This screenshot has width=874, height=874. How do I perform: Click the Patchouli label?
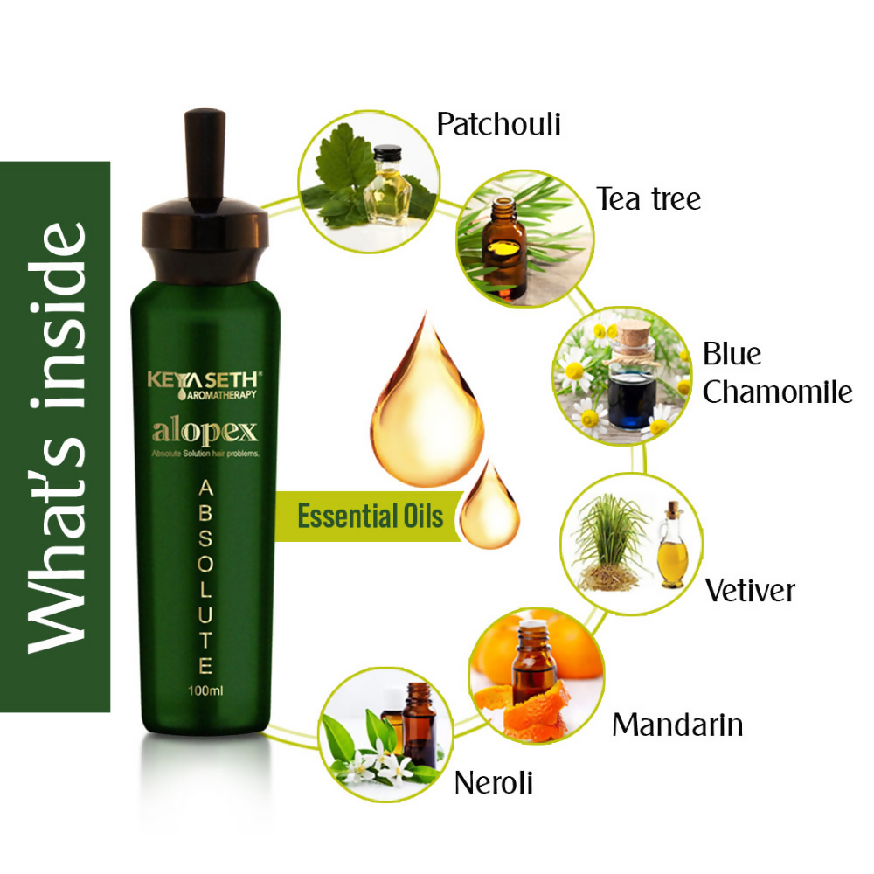coord(498,124)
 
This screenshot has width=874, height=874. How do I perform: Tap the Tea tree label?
coord(649,199)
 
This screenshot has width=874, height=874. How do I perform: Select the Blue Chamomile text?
coord(776,373)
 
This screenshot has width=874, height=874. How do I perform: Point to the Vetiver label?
coord(750,590)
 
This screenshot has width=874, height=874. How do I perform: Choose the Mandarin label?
coord(677,725)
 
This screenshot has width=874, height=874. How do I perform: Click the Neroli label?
coord(493,782)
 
